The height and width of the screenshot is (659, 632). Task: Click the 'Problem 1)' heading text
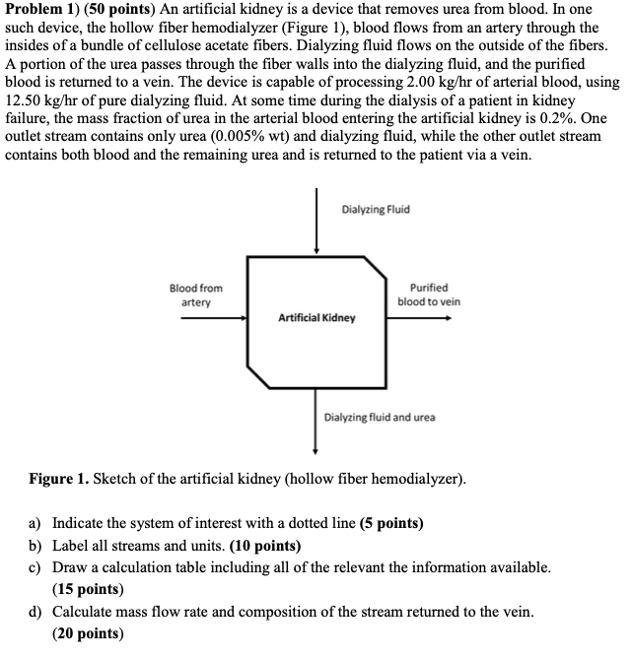[44, 10]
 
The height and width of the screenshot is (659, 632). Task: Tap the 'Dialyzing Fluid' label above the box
[376, 210]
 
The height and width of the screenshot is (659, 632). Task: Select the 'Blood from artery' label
[196, 295]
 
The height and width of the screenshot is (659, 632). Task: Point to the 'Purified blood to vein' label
[429, 295]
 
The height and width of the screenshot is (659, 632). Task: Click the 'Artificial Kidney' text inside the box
[316, 318]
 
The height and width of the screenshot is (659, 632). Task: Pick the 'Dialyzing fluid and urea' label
[380, 417]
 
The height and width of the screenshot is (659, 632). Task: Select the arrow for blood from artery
[213, 318]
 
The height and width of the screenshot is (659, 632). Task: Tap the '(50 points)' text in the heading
[121, 10]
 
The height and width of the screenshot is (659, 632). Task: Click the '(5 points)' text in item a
[391, 523]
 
